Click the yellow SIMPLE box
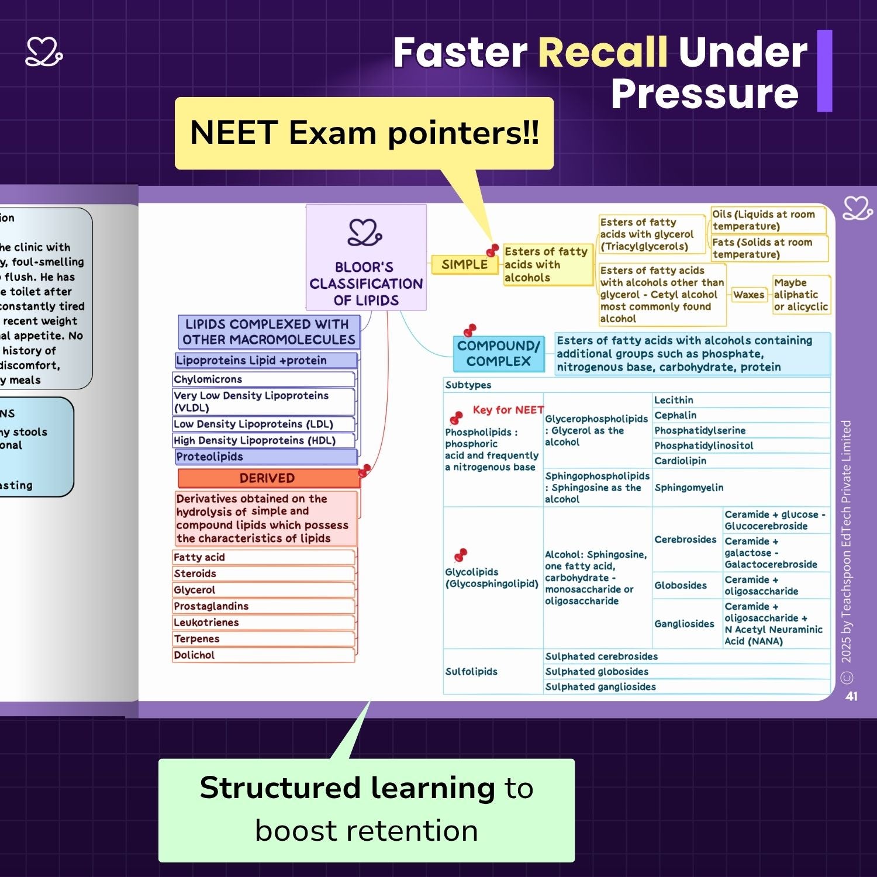[x=464, y=265]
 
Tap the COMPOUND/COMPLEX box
[x=498, y=354]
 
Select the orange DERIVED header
[x=267, y=478]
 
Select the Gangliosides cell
[x=685, y=624]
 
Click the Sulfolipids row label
[x=471, y=672]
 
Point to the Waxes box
[x=748, y=295]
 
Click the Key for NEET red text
[x=508, y=410]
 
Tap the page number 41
[x=851, y=696]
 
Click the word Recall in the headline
[x=602, y=53]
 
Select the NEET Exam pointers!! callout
[x=364, y=133]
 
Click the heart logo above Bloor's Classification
[x=365, y=233]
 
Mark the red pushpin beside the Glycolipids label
[x=461, y=554]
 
